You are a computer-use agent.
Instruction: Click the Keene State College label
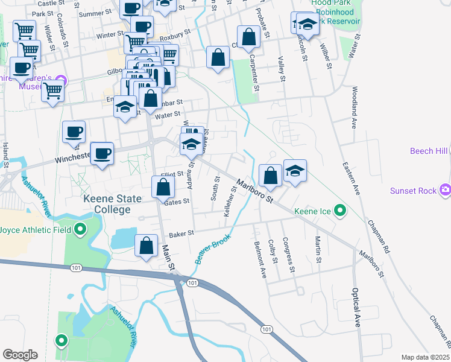[x=112, y=204]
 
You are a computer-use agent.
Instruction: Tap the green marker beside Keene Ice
[x=341, y=211]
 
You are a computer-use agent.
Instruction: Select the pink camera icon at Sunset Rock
[x=446, y=191]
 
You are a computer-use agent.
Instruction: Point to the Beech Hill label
[x=430, y=151]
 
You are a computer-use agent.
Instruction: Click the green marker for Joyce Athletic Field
[x=80, y=229]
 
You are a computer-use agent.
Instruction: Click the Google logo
[x=20, y=354]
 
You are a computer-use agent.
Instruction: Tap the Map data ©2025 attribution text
[x=425, y=357]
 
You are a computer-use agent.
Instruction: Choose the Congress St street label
[x=292, y=255]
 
